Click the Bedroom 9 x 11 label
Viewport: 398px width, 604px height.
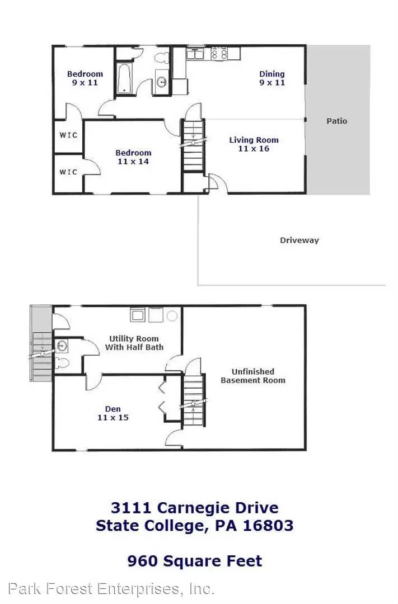pyautogui.click(x=85, y=78)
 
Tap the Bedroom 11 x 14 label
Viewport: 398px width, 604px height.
pyautogui.click(x=133, y=157)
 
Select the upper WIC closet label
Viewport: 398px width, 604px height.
pyautogui.click(x=68, y=135)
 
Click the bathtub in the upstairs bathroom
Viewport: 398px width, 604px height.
pyautogui.click(x=124, y=78)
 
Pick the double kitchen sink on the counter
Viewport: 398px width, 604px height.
pyautogui.click(x=195, y=54)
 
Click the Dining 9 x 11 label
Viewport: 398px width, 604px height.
pyautogui.click(x=271, y=78)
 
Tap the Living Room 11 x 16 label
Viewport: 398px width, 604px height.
pyautogui.click(x=254, y=144)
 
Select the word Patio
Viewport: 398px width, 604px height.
pyautogui.click(x=336, y=121)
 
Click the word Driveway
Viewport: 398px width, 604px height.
pyautogui.click(x=299, y=240)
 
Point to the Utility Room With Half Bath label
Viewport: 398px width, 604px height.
pyautogui.click(x=134, y=343)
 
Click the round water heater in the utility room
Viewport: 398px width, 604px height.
pyautogui.click(x=172, y=316)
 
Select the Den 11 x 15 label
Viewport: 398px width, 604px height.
pyautogui.click(x=113, y=413)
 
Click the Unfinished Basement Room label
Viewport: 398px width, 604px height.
pyautogui.click(x=253, y=375)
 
